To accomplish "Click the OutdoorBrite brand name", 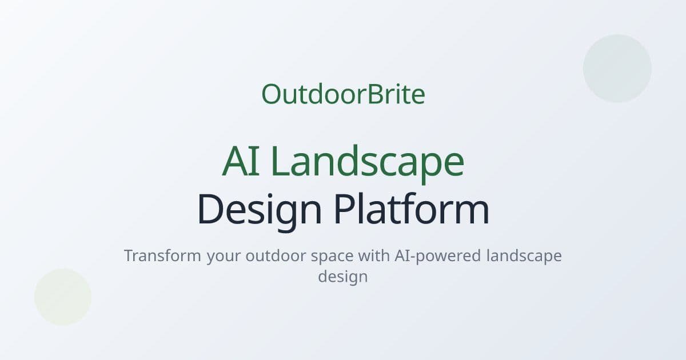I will [x=343, y=94].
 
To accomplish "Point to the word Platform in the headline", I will [x=411, y=210].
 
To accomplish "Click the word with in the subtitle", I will [x=374, y=255].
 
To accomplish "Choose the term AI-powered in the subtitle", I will [x=437, y=256].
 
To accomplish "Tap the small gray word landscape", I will [x=524, y=256].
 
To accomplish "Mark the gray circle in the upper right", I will [x=617, y=69].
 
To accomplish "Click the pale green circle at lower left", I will [x=63, y=297].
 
